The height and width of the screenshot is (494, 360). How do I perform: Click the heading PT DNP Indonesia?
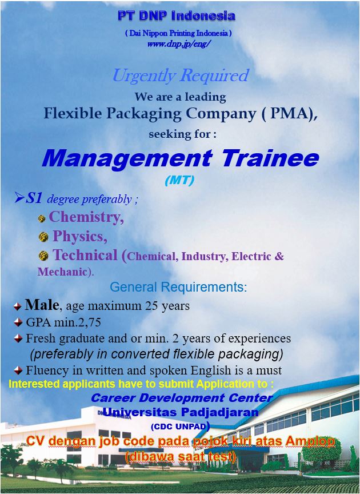(x=176, y=15)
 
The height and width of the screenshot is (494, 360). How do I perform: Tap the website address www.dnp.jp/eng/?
(x=179, y=43)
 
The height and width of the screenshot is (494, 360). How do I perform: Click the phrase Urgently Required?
(x=180, y=75)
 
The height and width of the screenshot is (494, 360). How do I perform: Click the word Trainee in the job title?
(x=270, y=158)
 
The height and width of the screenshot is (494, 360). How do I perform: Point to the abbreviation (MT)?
(x=179, y=180)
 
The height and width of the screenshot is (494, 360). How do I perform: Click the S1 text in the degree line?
(x=34, y=198)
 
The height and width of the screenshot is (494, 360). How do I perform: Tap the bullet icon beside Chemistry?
(x=42, y=218)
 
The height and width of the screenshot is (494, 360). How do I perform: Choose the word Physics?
(x=79, y=236)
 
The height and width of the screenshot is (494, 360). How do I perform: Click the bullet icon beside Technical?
(x=43, y=256)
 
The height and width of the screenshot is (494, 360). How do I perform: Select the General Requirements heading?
(x=178, y=286)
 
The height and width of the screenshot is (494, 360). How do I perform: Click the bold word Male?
(x=42, y=305)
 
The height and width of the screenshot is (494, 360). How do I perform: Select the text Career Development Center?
(x=182, y=397)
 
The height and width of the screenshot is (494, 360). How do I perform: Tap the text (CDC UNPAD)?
(x=180, y=426)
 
